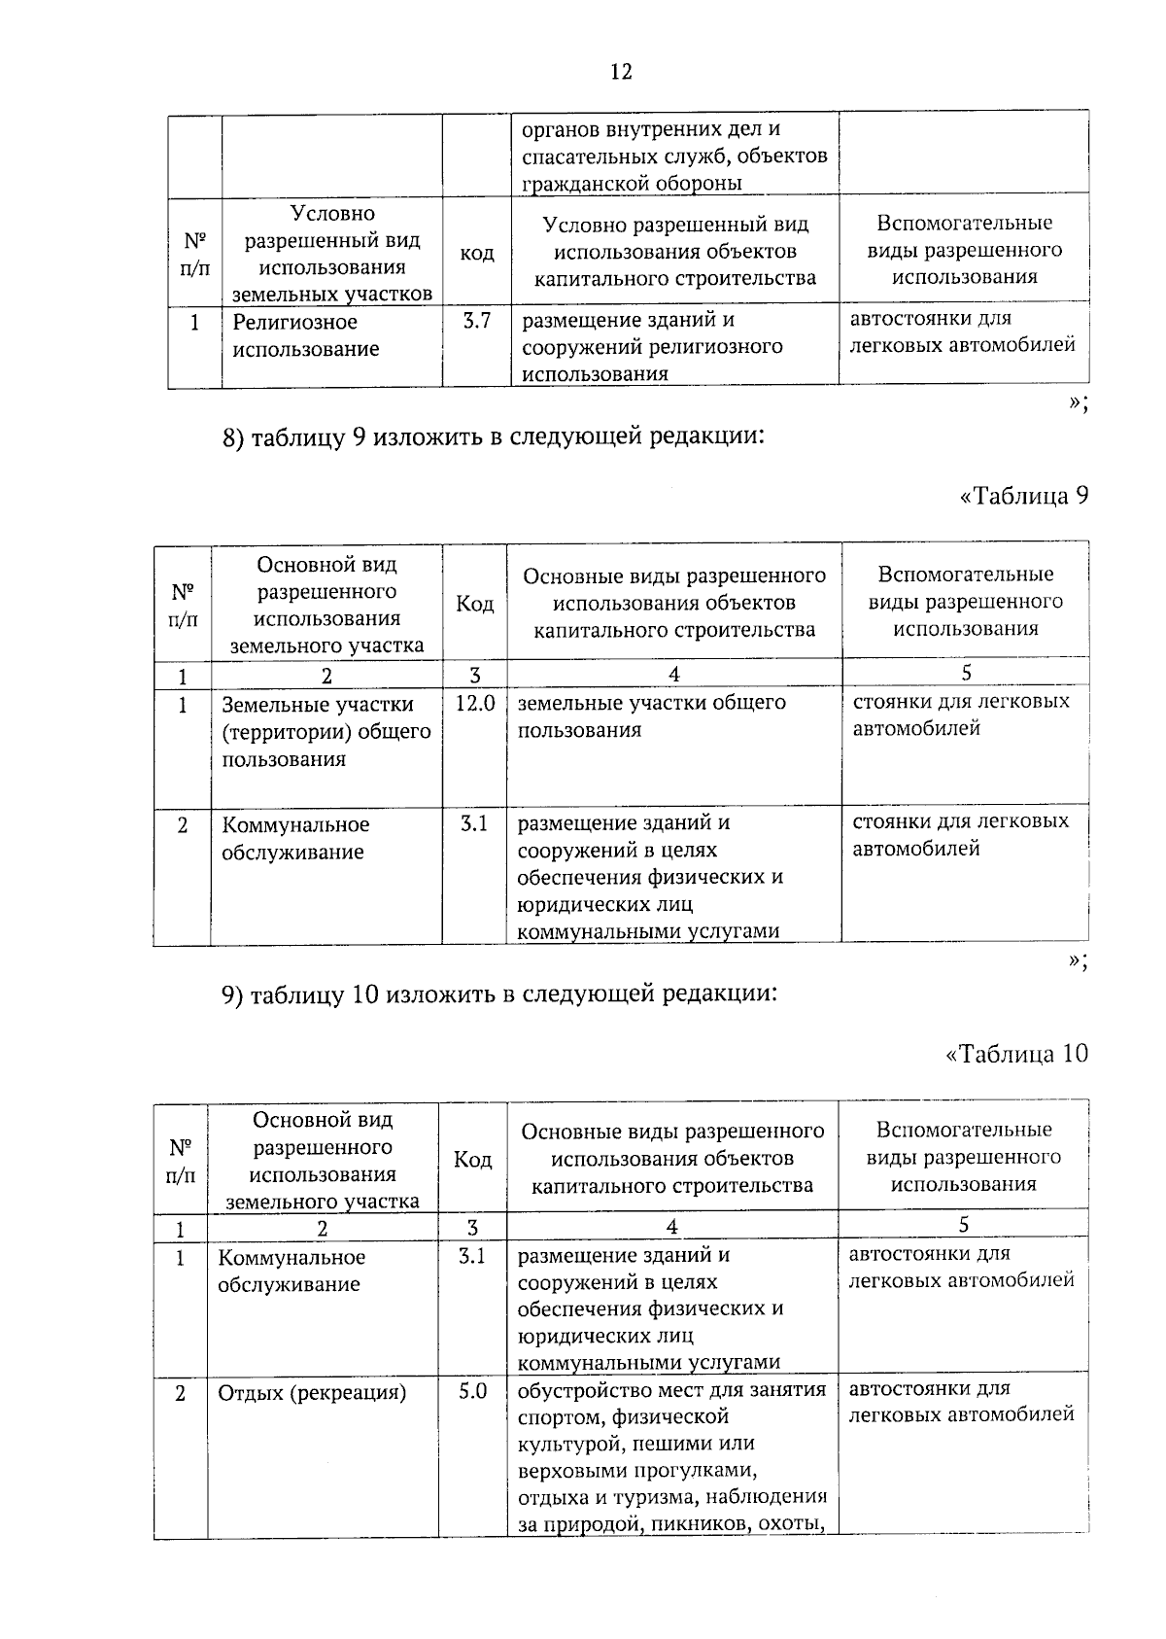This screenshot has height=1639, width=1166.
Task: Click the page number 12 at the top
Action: [x=621, y=72]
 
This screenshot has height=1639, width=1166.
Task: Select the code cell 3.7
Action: [x=476, y=321]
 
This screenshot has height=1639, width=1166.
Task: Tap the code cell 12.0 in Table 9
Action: [x=475, y=703]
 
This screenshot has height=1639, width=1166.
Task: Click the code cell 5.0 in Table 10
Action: [x=472, y=1391]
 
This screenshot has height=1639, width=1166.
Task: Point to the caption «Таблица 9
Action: [x=1023, y=496]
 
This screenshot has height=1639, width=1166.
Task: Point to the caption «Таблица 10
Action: [x=1016, y=1053]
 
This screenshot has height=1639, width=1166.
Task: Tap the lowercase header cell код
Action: [x=476, y=253]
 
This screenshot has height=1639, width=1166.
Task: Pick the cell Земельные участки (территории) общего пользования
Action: [x=326, y=731]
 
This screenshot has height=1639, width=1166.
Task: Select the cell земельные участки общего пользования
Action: [x=651, y=715]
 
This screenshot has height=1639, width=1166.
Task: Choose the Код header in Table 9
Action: [x=474, y=604]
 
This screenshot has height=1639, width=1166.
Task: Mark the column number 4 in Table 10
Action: [x=671, y=1227]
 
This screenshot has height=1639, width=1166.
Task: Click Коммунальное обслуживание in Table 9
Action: [x=295, y=838]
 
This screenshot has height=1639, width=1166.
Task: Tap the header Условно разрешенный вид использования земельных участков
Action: [x=331, y=253]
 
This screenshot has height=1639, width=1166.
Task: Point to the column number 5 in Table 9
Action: [x=965, y=673]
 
